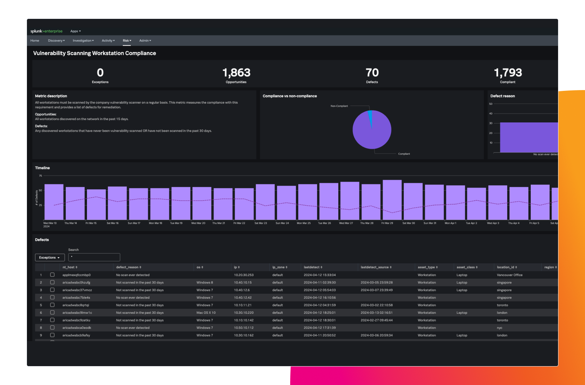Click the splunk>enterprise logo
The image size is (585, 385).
[x=46, y=31]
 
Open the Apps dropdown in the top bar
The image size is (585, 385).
[x=75, y=31]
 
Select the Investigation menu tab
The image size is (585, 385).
[x=83, y=40]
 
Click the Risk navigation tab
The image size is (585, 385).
[x=127, y=40]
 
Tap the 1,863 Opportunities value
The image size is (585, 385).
[x=236, y=73]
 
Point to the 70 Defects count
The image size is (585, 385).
[x=372, y=73]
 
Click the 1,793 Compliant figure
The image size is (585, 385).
[x=508, y=73]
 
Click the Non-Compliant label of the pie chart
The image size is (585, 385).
[x=339, y=106]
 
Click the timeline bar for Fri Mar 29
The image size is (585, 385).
[x=392, y=200]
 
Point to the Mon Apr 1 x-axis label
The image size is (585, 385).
[x=450, y=223]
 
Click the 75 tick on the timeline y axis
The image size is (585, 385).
[x=40, y=176]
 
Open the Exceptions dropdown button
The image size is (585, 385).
[x=50, y=258]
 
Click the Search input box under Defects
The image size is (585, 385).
[x=94, y=257]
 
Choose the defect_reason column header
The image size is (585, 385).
[x=129, y=267]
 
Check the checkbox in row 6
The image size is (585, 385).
[x=52, y=313]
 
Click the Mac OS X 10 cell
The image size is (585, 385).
[x=206, y=313]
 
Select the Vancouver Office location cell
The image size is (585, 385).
[x=510, y=275]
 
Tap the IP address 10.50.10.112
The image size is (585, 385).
[x=244, y=328]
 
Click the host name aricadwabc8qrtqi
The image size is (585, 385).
[x=76, y=305]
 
